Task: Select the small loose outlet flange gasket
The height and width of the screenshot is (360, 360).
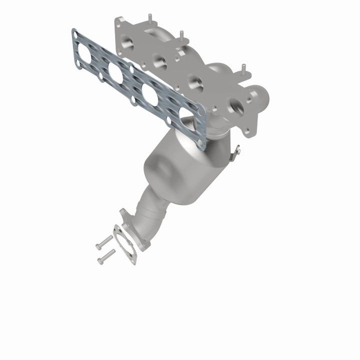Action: (125, 244)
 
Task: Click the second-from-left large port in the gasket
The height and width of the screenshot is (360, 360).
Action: (116, 73)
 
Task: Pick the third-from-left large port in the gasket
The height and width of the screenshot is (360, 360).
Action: (150, 94)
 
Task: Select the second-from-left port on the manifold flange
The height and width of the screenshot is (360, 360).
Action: (160, 61)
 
